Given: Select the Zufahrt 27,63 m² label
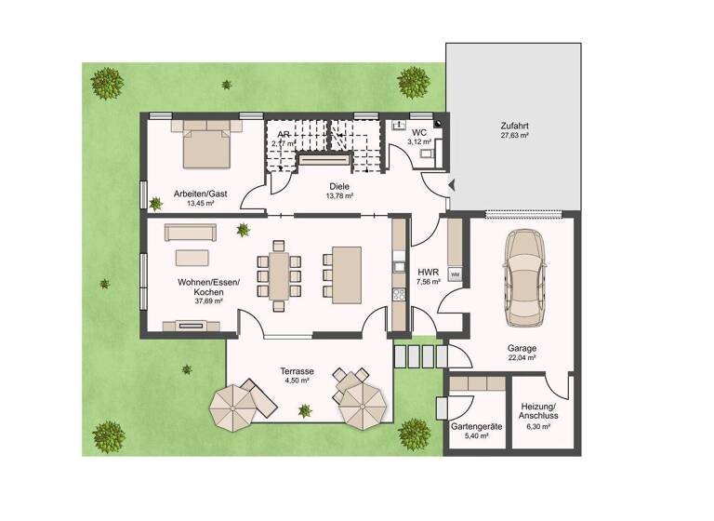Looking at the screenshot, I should pos(513,129).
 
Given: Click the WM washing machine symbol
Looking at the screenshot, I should pos(455,274).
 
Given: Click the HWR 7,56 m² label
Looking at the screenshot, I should pos(428,276).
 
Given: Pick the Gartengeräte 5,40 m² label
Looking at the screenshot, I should pos(476,431).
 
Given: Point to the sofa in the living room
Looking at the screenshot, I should pos(190,232).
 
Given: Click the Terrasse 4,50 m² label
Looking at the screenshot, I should pos(297,375).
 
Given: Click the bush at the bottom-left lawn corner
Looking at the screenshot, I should pos(109,434).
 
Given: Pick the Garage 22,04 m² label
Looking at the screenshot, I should pos(522,354).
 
